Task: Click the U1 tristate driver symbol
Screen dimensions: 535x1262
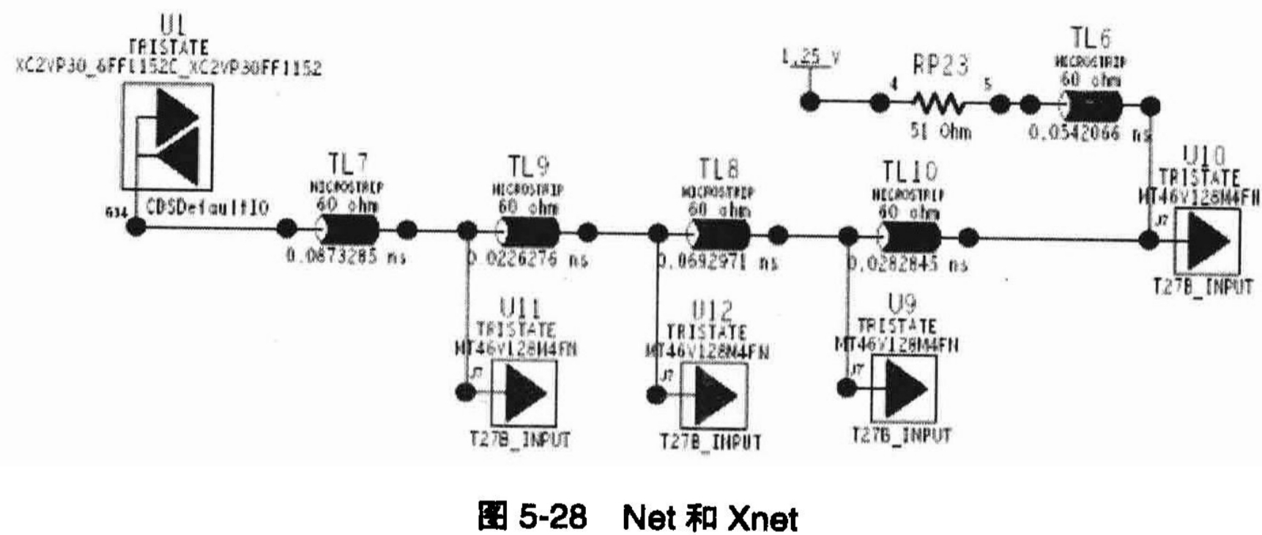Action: click(x=167, y=137)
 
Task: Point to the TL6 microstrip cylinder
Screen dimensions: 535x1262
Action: click(x=1091, y=107)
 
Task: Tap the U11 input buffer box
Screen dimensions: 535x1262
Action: click(x=524, y=393)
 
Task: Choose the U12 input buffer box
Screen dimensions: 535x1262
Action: click(x=713, y=395)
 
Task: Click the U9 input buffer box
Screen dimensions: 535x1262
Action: click(x=904, y=389)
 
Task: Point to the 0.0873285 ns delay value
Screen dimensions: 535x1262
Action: click(x=346, y=257)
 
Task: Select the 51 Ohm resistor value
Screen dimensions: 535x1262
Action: click(x=940, y=132)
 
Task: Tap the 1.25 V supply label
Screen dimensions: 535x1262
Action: click(x=810, y=57)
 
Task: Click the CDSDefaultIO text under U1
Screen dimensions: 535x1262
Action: click(x=207, y=207)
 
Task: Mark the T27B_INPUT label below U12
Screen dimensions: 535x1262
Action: click(x=710, y=442)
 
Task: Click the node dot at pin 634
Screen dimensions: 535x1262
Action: click(x=136, y=226)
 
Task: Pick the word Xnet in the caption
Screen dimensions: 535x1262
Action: click(x=762, y=518)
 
